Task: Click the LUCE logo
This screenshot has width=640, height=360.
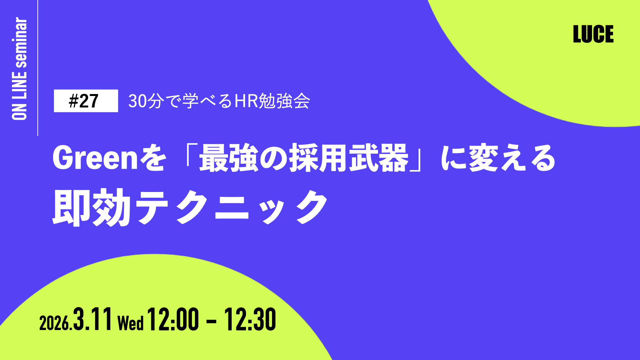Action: pos(593,34)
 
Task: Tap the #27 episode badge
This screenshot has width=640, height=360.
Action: pos(86,101)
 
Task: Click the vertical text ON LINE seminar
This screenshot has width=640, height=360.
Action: pos(19,69)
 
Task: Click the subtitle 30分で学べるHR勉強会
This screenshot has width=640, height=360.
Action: pos(219,101)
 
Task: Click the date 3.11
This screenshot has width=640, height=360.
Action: pos(92,319)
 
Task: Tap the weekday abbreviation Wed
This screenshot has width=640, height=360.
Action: pos(131,323)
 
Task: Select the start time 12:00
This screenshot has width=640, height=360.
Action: pos(173,319)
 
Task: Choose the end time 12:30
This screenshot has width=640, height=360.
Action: pos(250,319)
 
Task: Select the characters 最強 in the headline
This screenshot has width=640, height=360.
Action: pos(229,158)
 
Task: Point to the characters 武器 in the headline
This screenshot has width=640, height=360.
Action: pos(379,158)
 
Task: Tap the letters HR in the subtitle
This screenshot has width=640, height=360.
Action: pos(246,101)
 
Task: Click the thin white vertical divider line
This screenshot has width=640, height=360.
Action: pos(38,68)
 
